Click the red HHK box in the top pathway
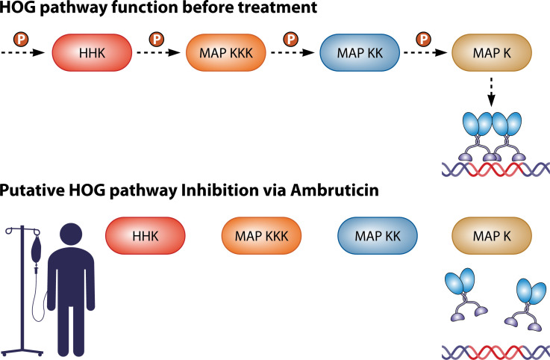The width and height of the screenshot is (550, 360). (92, 53)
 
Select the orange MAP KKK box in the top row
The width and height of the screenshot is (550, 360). (226, 53)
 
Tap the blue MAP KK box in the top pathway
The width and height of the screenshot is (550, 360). (360, 53)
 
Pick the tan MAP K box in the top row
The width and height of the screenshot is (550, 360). (492, 53)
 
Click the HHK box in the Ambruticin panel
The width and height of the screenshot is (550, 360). (146, 236)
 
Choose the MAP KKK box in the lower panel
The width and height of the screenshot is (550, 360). (261, 236)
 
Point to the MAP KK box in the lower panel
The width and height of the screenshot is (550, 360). (378, 236)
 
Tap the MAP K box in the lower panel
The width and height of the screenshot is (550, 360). (492, 236)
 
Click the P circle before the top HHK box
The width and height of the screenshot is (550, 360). (21, 39)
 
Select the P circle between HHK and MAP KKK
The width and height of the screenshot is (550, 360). (157, 39)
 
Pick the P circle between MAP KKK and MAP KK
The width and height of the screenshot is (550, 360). (291, 39)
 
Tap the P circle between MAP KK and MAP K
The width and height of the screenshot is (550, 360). (424, 39)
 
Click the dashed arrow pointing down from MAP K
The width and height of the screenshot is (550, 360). (492, 92)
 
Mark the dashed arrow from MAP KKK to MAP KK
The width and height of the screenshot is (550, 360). (293, 53)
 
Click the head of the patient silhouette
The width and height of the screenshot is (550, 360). (71, 235)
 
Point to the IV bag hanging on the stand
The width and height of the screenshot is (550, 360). (36, 249)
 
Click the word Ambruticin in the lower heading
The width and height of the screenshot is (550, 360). (334, 190)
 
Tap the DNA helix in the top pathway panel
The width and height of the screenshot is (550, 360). (496, 169)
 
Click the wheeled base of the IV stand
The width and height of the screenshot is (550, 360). (22, 352)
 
